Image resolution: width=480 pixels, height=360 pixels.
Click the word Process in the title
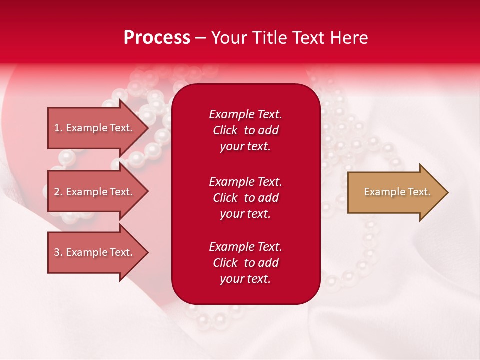click(x=157, y=38)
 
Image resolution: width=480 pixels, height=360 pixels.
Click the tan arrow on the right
click(x=395, y=192)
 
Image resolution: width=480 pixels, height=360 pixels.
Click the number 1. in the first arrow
click(x=58, y=128)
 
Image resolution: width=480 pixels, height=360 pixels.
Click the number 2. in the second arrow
click(x=58, y=192)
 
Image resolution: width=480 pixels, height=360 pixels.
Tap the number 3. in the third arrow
click(x=58, y=252)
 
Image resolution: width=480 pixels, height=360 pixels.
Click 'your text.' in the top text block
click(x=245, y=147)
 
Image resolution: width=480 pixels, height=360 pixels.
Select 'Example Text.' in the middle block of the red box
click(x=245, y=181)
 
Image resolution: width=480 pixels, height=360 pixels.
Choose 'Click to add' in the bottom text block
click(x=245, y=263)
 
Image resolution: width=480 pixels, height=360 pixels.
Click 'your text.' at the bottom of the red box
click(x=245, y=279)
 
